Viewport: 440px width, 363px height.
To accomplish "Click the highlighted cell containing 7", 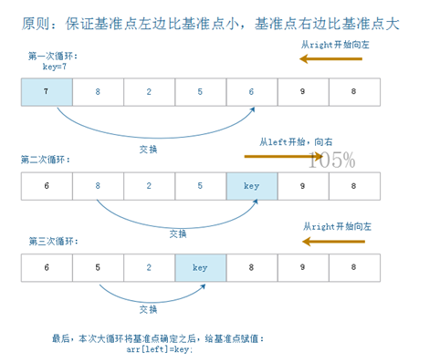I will click(x=46, y=91).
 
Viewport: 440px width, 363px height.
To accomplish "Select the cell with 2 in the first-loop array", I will click(x=149, y=91).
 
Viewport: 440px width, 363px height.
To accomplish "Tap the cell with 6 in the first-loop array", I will click(x=252, y=91).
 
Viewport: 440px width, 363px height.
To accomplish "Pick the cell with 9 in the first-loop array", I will click(x=303, y=91).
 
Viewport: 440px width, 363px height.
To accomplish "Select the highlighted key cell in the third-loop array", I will click(x=200, y=268).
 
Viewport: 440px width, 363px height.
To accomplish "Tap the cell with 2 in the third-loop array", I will click(x=149, y=268).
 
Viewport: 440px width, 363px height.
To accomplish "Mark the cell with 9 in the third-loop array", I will click(x=303, y=268).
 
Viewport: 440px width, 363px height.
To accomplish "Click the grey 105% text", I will click(x=331, y=162).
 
